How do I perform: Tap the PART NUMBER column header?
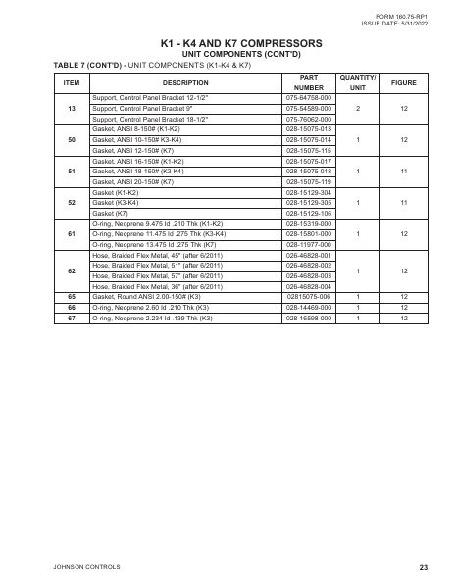coord(309,82)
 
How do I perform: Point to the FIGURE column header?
coord(404,82)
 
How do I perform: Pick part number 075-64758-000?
coord(309,99)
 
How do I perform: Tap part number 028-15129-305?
coord(309,203)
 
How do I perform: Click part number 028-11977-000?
coord(309,244)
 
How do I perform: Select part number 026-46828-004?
coord(309,285)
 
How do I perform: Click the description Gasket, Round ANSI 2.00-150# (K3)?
coord(146,296)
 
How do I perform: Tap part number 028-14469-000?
coord(309,306)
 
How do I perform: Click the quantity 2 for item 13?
coord(358,109)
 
